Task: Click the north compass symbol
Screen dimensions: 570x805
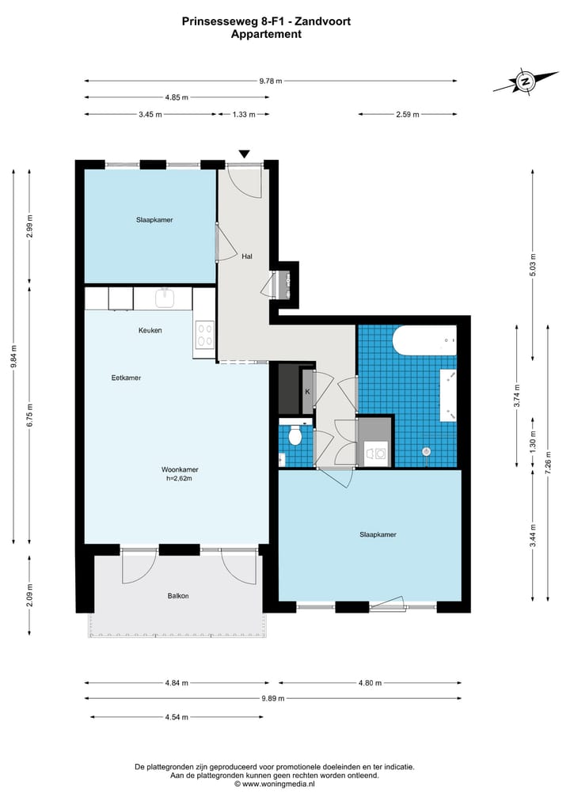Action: (x=526, y=82)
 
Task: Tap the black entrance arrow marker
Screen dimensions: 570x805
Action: (x=245, y=154)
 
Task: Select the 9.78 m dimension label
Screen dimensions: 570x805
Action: (x=271, y=81)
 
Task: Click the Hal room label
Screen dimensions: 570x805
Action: (x=247, y=256)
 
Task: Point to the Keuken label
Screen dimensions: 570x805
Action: (x=150, y=330)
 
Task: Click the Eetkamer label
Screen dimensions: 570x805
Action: (x=127, y=378)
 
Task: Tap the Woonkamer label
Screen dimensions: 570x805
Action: (x=180, y=469)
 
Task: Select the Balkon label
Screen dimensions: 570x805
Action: (x=178, y=596)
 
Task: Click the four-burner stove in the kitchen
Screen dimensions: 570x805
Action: (x=204, y=335)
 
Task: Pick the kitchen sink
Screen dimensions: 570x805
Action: (x=165, y=298)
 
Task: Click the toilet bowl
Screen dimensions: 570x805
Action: (x=295, y=436)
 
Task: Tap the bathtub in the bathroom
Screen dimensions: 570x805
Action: (x=424, y=340)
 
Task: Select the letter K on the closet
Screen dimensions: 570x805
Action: (x=308, y=392)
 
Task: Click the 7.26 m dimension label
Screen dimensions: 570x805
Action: (x=549, y=464)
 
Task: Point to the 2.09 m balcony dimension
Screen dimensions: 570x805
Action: (x=29, y=595)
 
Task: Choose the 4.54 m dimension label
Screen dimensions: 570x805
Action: (x=177, y=717)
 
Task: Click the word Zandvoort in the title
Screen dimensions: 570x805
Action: (x=321, y=21)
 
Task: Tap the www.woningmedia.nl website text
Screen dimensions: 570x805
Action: (x=279, y=784)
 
